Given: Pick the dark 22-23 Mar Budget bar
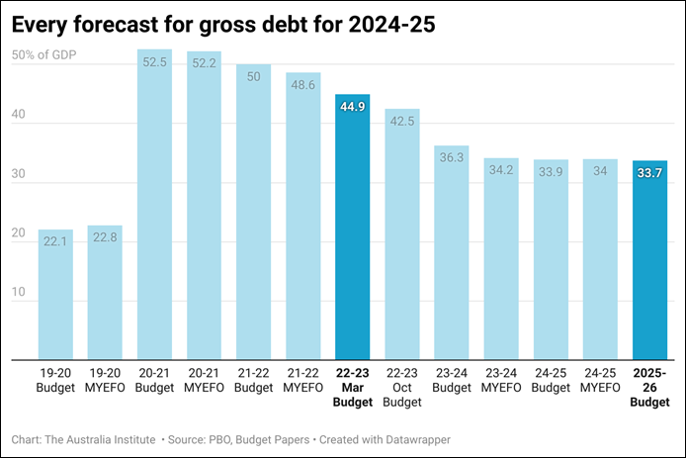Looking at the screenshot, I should pos(353,227).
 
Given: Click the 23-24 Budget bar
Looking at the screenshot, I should pos(452,252).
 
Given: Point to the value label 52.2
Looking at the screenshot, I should pos(205,62).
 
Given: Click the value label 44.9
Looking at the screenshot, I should pos(353,106).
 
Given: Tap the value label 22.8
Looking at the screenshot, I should pos(106,236).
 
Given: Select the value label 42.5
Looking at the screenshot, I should pos(402,121).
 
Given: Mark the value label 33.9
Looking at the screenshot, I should pos(551,170).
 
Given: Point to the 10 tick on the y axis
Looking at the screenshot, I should pos(20,293).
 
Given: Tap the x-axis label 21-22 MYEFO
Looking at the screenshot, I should pos(303,380).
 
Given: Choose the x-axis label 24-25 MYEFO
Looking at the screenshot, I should pos(600,380).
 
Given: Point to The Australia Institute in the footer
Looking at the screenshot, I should pos(100,439).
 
